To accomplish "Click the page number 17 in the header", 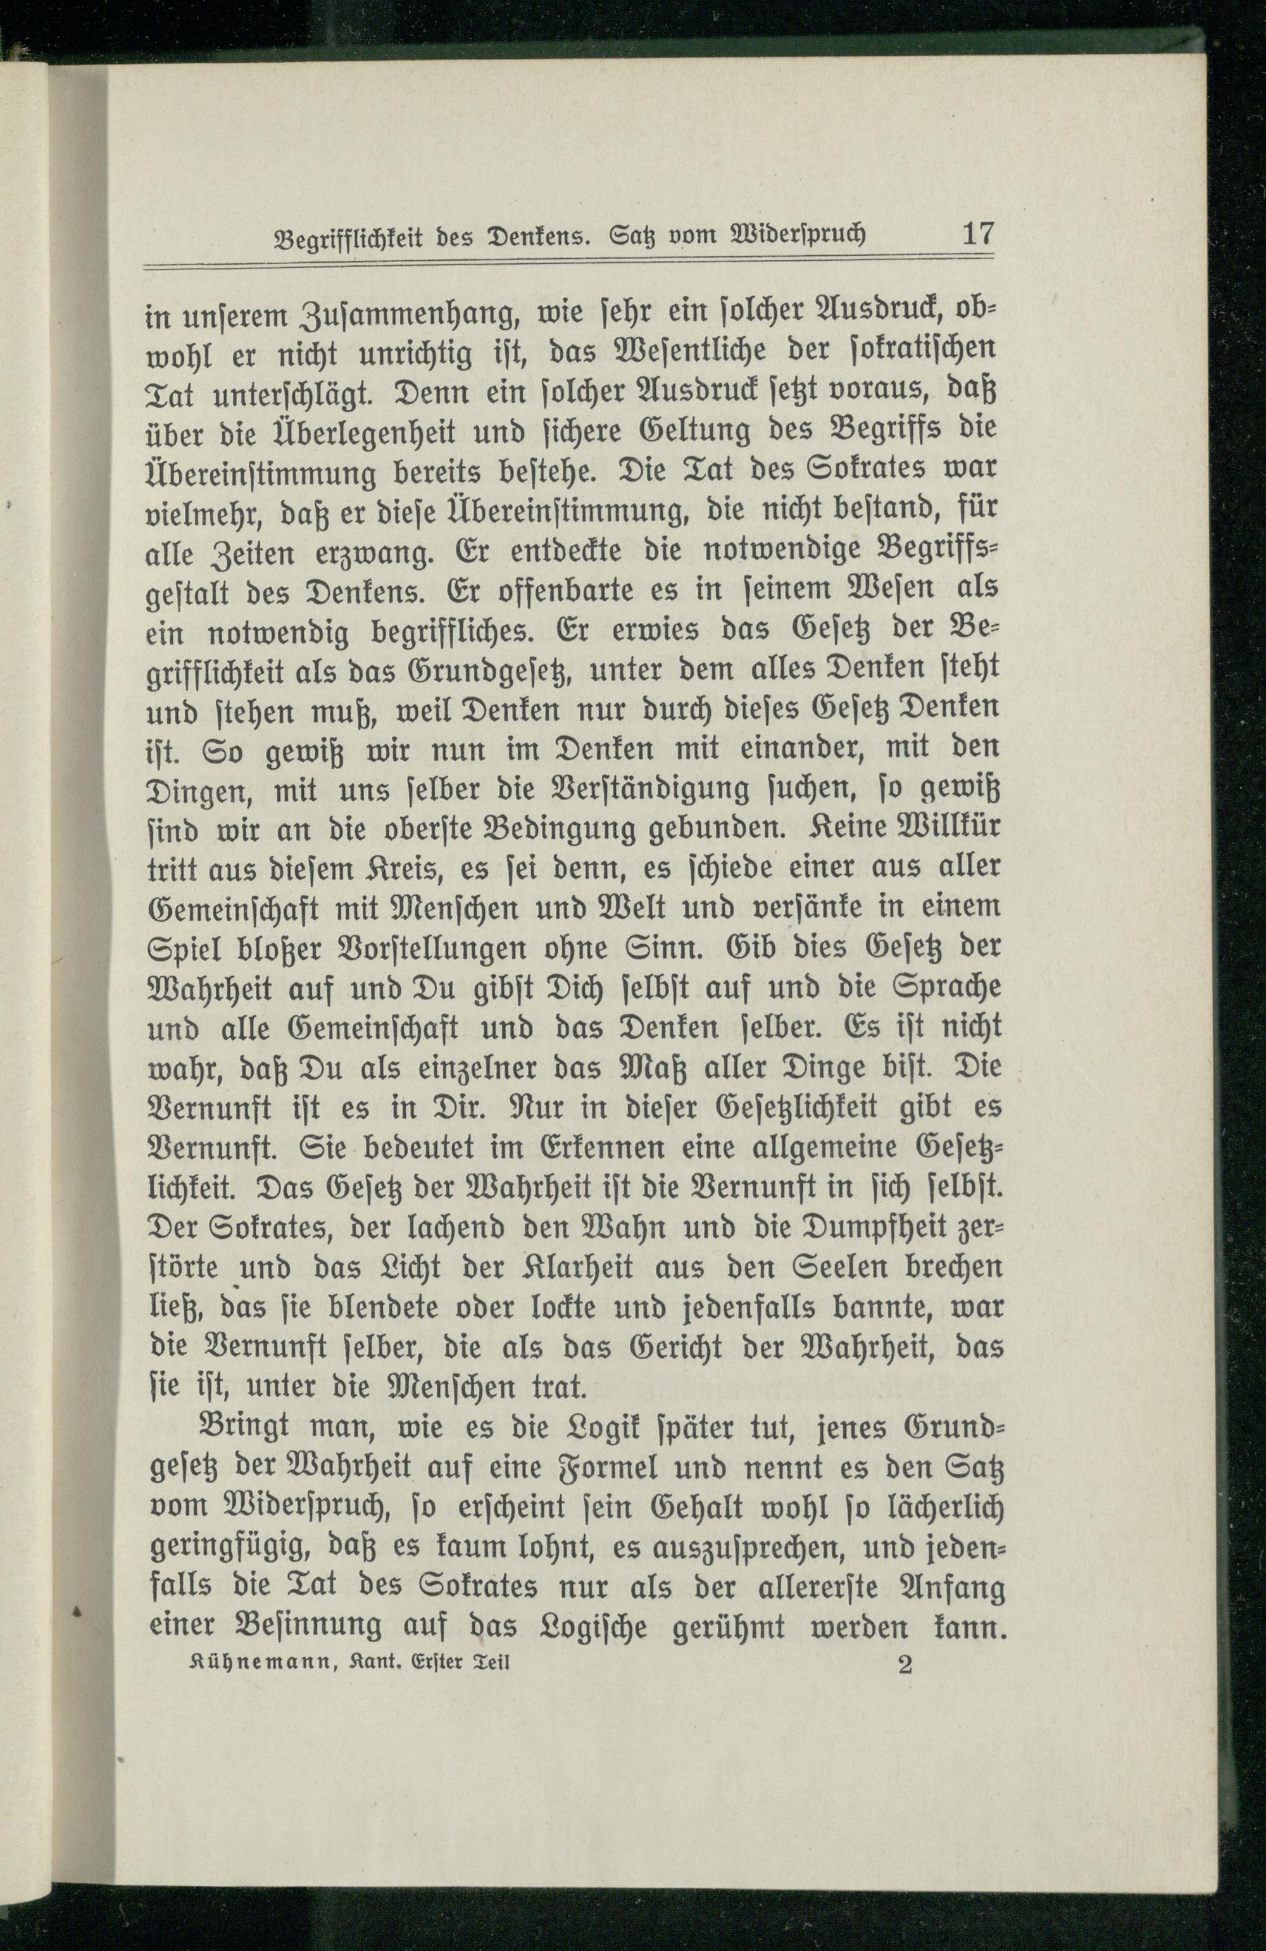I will coord(977,234).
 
